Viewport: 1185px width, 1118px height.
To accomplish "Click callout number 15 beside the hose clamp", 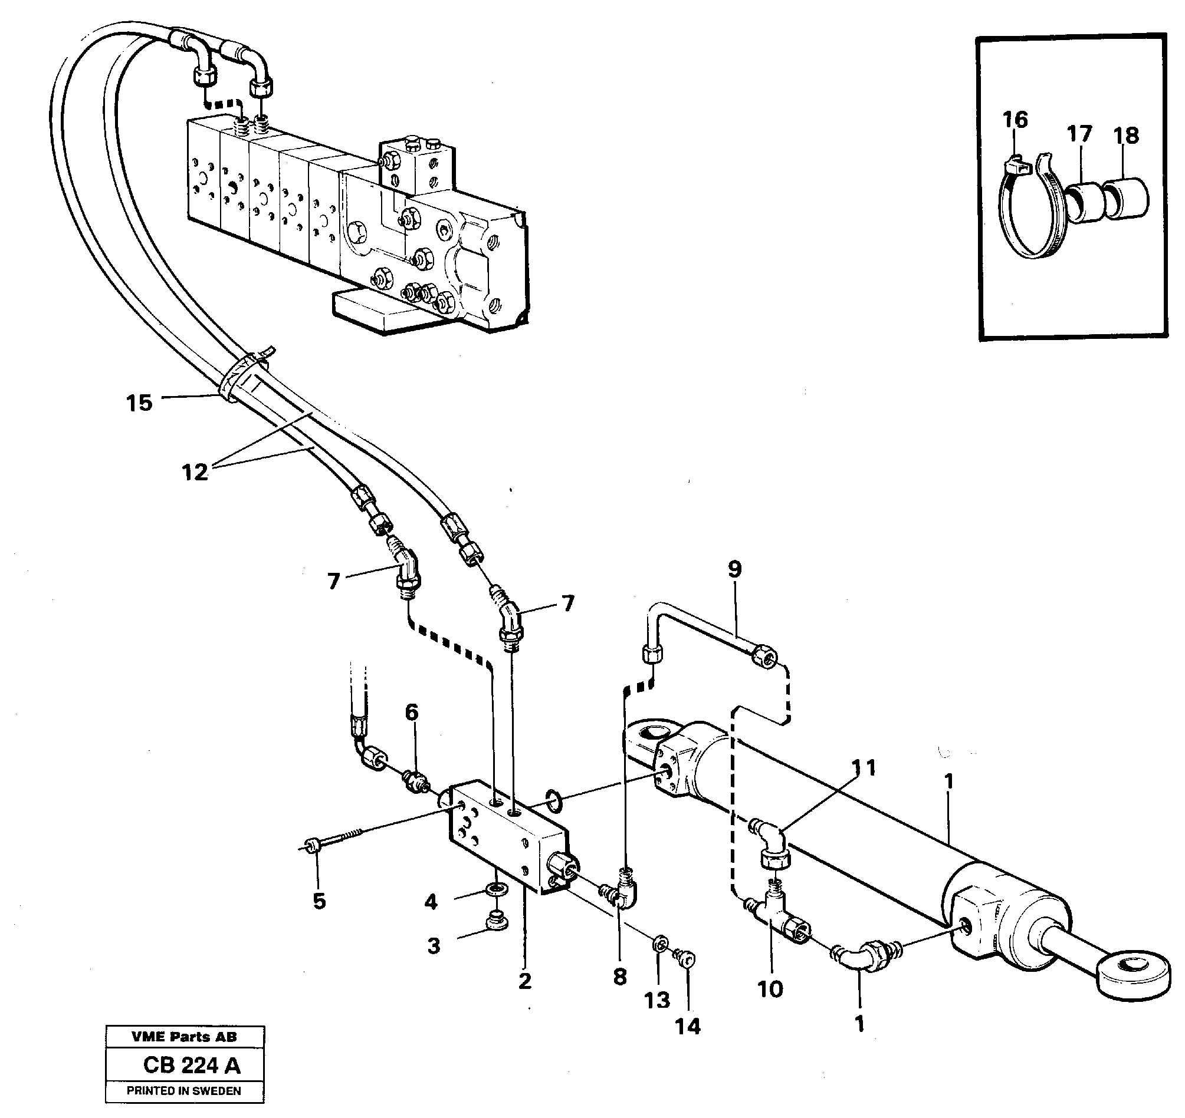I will point(139,404).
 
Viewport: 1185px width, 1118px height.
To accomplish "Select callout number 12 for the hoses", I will point(195,473).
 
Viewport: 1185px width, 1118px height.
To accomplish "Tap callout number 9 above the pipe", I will point(735,569).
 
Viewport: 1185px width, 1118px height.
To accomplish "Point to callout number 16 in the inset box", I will point(1015,120).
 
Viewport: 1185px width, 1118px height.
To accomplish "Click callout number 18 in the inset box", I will point(1126,136).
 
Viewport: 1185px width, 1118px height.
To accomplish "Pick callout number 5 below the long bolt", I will point(320,902).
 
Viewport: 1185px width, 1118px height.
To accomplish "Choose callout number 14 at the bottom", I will point(688,1026).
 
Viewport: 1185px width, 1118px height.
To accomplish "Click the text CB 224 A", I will point(192,1065).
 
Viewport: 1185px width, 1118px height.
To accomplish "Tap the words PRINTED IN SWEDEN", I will point(183,1091).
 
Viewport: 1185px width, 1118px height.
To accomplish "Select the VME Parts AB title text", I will point(184,1037).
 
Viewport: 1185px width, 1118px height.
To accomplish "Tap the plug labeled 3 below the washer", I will point(496,920).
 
